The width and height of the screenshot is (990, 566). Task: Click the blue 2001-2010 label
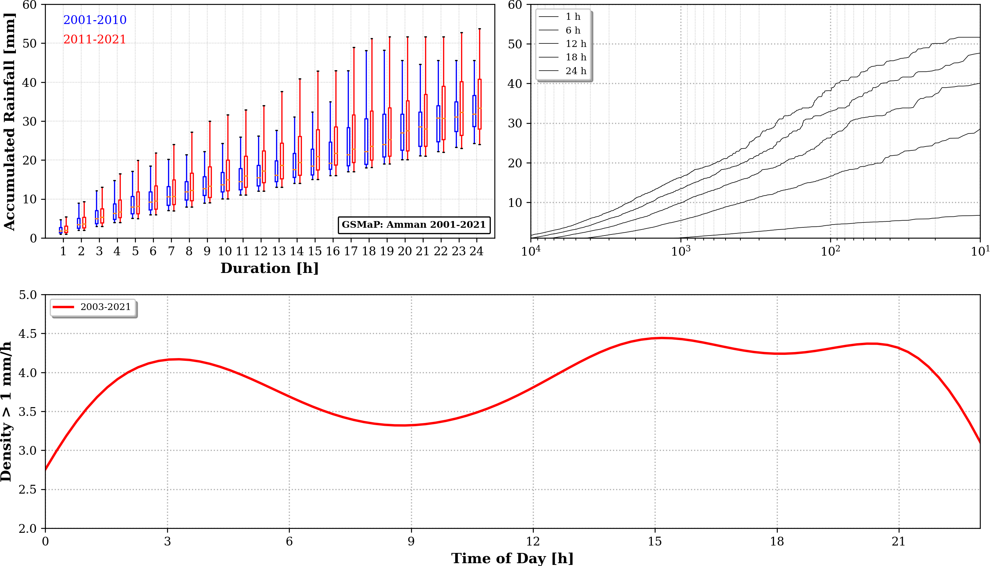pos(95,20)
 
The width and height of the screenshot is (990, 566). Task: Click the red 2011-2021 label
pos(95,39)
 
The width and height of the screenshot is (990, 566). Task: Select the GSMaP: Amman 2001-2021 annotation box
pos(413,225)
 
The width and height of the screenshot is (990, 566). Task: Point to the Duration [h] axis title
pos(269,268)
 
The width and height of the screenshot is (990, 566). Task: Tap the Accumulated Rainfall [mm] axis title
pos(9,121)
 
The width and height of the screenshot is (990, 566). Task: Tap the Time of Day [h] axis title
pos(512,559)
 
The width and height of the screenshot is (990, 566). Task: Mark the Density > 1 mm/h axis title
pos(6,411)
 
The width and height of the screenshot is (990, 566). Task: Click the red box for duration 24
pos(480,104)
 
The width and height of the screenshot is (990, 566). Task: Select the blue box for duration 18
pos(366,142)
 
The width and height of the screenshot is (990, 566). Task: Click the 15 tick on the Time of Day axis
pos(655,542)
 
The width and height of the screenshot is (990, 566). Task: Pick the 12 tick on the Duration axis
pos(261,251)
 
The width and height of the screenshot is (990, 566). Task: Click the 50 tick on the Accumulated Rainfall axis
pos(29,43)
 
